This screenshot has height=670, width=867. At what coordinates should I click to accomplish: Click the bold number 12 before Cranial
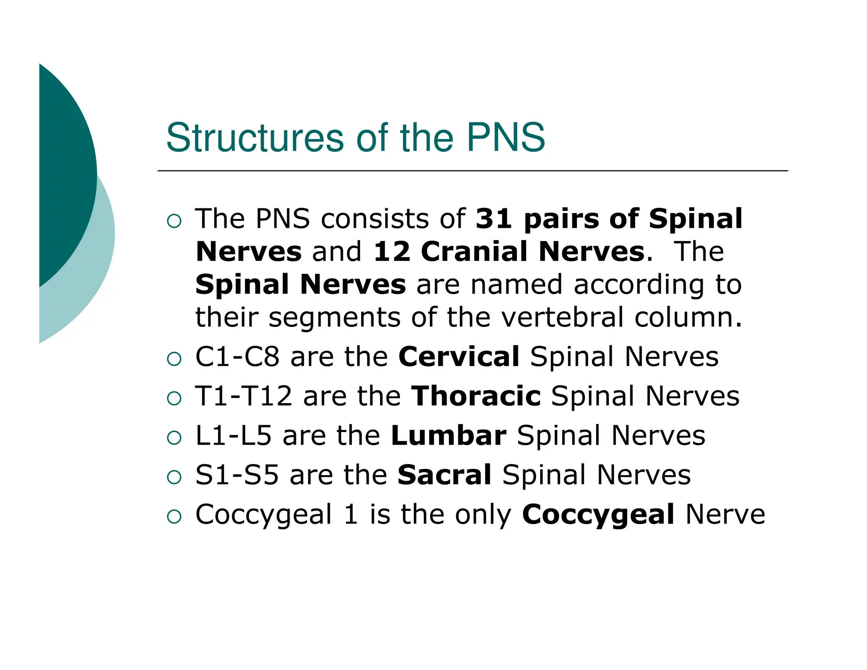392,252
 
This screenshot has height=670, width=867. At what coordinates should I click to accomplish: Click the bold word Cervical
458,357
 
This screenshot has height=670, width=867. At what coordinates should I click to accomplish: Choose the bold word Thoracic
476,396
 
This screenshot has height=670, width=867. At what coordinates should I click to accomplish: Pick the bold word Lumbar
448,435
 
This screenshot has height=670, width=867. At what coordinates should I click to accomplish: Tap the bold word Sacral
444,475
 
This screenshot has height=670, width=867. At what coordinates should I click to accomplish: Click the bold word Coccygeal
598,515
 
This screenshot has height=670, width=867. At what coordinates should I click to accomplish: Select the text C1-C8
237,357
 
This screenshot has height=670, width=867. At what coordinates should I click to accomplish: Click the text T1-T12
243,396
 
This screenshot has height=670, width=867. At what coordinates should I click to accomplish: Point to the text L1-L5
233,435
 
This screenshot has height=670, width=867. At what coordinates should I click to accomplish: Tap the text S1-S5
237,475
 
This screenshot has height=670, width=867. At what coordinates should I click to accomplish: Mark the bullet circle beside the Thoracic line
174,399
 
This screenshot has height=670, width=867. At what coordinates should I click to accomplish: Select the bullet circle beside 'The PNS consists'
174,221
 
